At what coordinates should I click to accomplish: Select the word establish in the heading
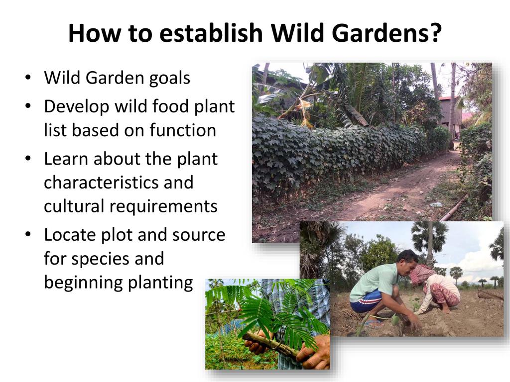click(211, 32)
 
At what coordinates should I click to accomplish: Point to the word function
click(183, 130)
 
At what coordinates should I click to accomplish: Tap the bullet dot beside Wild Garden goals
click(28, 78)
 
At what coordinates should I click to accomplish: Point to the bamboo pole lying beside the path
click(453, 208)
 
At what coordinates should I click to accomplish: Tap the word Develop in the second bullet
click(77, 107)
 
